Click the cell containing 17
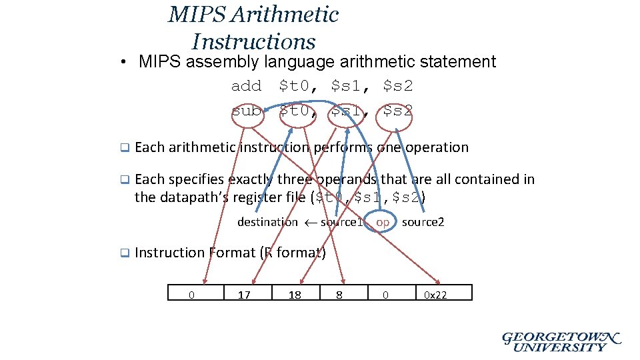(245, 293)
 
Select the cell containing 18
(295, 293)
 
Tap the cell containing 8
(339, 293)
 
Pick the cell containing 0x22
(436, 293)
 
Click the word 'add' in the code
(246, 86)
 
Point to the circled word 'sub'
(246, 111)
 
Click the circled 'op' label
(383, 221)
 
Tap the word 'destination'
(267, 222)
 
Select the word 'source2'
(423, 222)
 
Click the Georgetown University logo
(561, 341)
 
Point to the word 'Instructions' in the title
(253, 42)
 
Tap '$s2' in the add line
(398, 86)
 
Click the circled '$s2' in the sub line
(398, 111)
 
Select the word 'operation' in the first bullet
(437, 147)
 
